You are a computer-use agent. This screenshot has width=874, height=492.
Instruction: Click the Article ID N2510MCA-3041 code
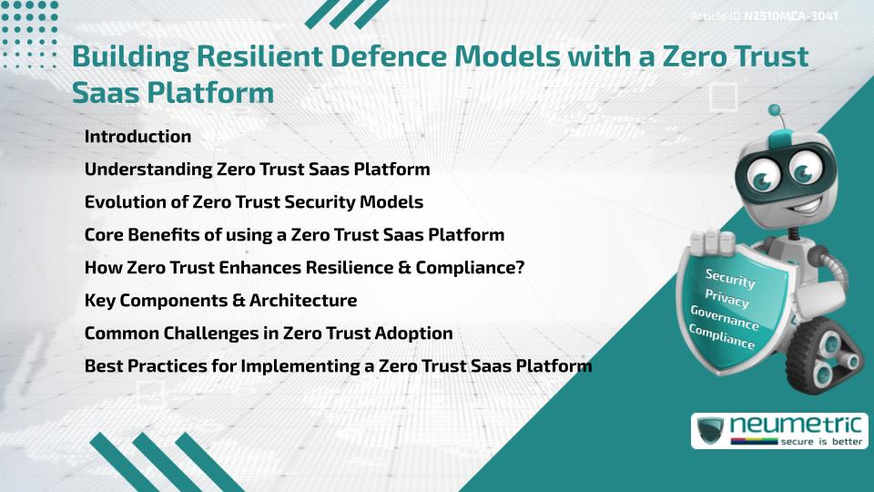click(790, 15)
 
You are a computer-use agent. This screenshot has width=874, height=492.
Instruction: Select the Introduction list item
click(137, 137)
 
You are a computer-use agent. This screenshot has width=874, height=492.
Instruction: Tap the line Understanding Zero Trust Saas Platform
click(257, 169)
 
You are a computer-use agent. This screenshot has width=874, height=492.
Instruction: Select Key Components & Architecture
click(220, 300)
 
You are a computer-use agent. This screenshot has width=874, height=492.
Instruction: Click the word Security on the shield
click(730, 278)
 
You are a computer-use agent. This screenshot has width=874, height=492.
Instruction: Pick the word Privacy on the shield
click(727, 300)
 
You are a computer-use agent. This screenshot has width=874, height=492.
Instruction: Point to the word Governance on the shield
click(725, 319)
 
